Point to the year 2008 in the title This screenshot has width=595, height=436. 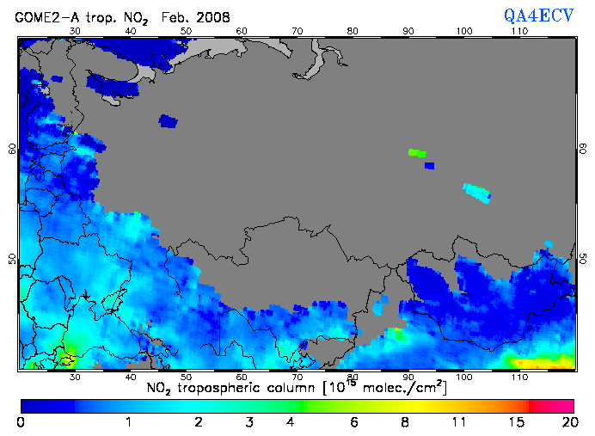click(212, 16)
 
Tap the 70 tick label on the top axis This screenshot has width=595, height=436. click(297, 32)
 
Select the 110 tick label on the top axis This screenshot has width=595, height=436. click(519, 32)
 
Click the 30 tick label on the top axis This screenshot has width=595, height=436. click(75, 32)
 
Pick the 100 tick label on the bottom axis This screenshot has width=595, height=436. click(464, 378)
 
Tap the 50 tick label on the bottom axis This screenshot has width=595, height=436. click(186, 378)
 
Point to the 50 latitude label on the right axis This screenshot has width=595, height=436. click(582, 258)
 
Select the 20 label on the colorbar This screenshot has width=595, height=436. click(567, 422)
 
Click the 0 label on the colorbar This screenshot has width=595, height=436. click(21, 422)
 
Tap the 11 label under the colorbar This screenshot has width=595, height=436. click(458, 422)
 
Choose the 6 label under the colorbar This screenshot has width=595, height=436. click(354, 422)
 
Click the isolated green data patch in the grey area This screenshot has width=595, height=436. click(416, 152)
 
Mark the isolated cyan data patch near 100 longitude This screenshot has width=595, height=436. click(476, 192)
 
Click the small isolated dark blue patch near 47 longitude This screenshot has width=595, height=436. click(168, 121)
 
